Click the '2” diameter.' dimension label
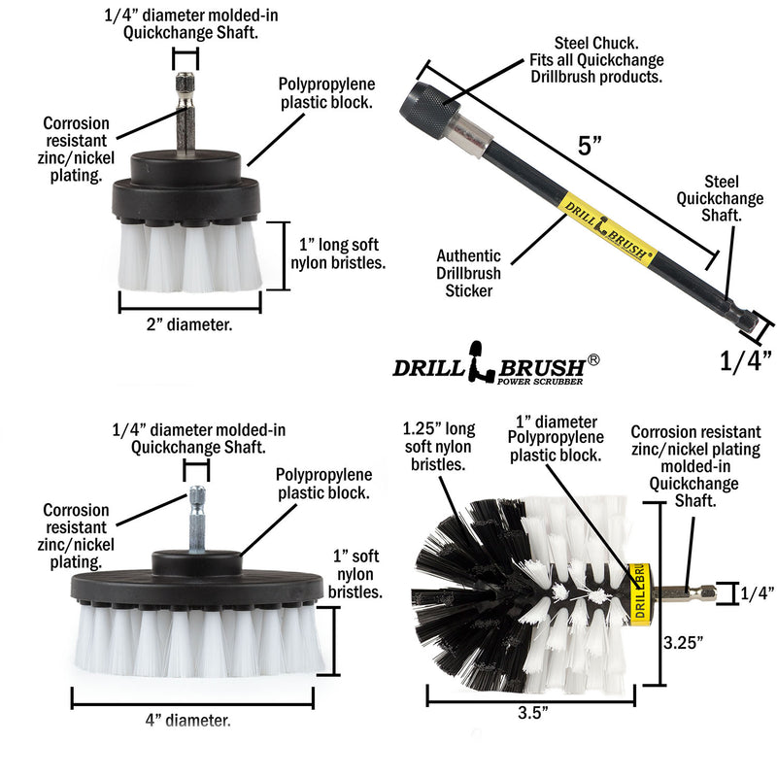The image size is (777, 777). [x=190, y=326]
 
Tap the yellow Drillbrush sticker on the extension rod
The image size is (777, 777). [x=607, y=228]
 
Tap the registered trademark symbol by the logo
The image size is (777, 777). [x=593, y=359]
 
